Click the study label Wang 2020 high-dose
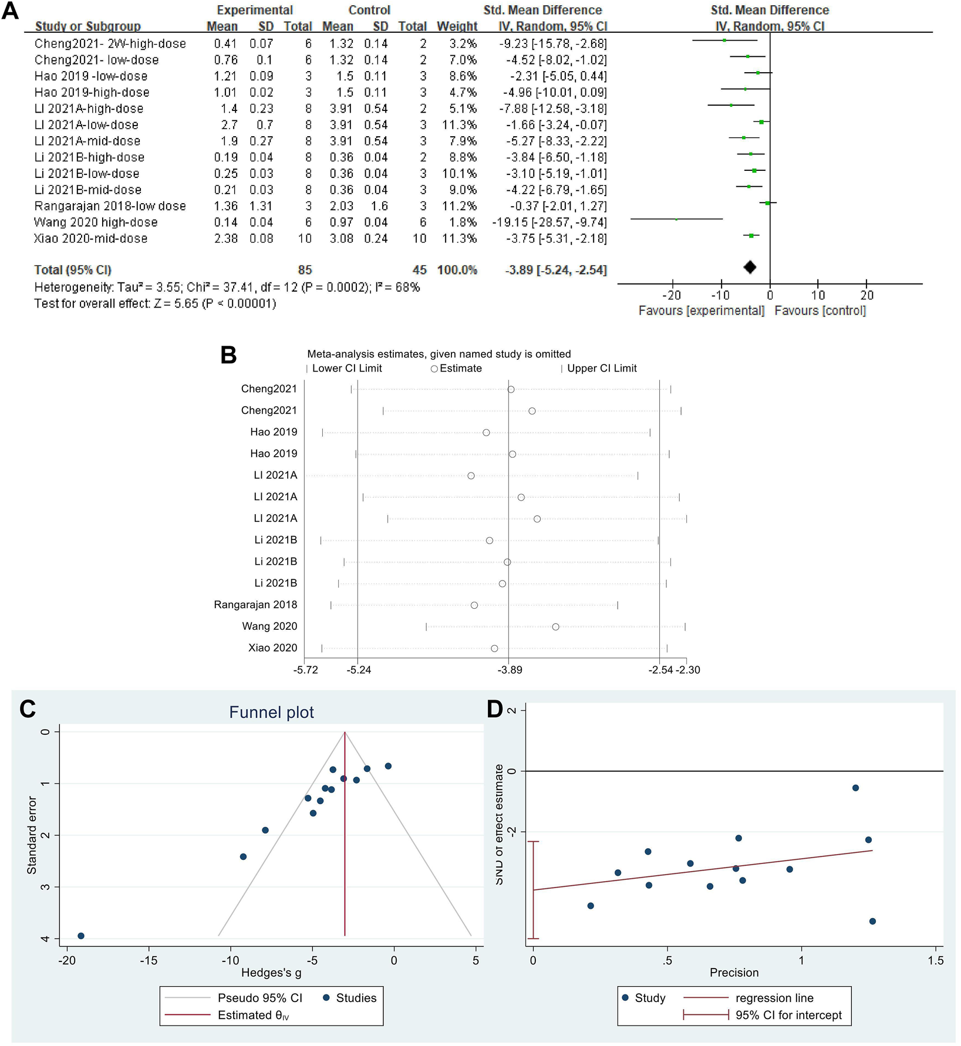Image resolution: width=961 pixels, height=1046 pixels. click(x=96, y=222)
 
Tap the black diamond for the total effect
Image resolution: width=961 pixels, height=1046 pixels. click(x=750, y=267)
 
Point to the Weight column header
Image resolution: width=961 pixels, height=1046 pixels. click(x=457, y=26)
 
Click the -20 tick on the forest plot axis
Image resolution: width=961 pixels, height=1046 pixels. click(x=672, y=295)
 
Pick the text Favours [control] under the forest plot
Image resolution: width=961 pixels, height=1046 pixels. click(x=820, y=311)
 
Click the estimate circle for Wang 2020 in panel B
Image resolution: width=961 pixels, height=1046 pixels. click(x=555, y=627)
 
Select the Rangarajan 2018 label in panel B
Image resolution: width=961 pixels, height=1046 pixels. click(x=255, y=605)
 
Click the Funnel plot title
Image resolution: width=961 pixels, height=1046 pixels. click(x=271, y=713)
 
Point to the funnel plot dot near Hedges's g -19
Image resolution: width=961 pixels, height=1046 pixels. click(x=81, y=936)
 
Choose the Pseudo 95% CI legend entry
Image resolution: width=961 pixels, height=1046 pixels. click(x=259, y=998)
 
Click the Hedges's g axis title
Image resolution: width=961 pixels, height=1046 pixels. click(x=271, y=973)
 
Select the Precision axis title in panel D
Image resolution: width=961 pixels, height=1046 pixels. click(x=734, y=973)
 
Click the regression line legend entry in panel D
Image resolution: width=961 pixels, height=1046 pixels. click(x=774, y=998)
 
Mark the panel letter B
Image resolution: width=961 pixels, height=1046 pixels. click(x=228, y=356)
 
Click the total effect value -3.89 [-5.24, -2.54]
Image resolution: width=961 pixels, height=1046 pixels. click(x=556, y=270)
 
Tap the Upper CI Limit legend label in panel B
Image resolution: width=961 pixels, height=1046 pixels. click(x=602, y=369)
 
